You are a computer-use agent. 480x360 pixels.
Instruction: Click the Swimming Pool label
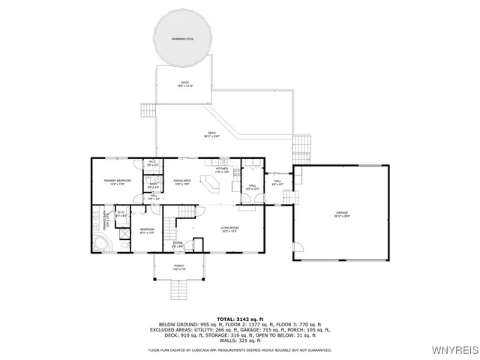(x=183, y=37)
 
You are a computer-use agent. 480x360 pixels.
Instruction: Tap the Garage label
(x=342, y=215)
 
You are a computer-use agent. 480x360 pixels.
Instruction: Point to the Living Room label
(x=229, y=227)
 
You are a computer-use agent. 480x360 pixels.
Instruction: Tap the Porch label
(x=179, y=266)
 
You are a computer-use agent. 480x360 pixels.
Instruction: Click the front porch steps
(x=179, y=288)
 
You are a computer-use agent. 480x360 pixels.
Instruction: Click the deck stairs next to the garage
(x=301, y=143)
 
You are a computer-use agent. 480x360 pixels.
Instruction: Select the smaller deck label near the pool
(x=184, y=83)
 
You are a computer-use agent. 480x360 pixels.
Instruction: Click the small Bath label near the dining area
(x=153, y=184)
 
